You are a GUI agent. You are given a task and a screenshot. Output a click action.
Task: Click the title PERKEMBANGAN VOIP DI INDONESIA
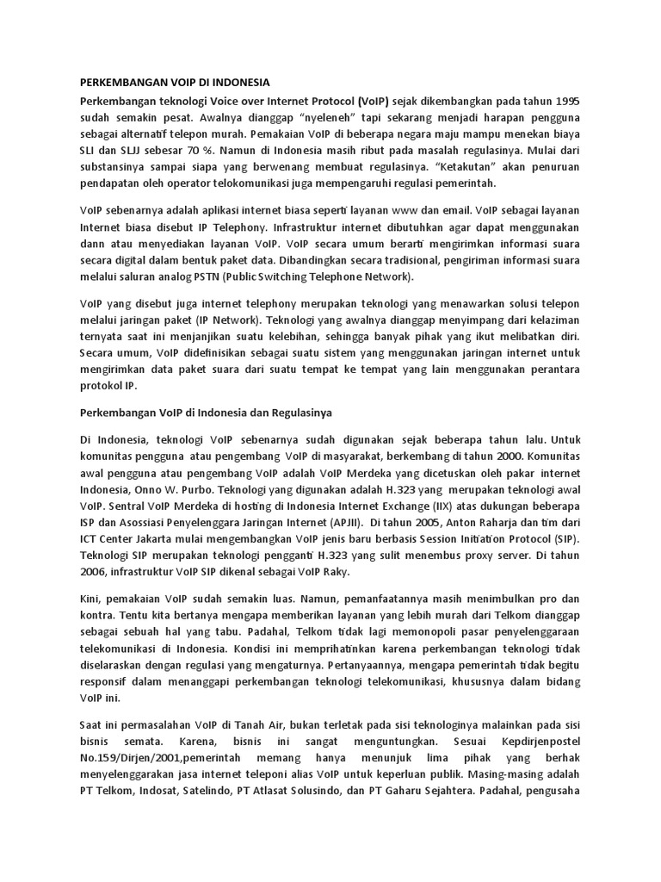tap(175, 83)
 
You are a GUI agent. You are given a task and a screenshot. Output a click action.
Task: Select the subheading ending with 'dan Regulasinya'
tap(200, 413)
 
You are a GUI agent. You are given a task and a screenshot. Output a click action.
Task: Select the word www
tap(405, 212)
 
